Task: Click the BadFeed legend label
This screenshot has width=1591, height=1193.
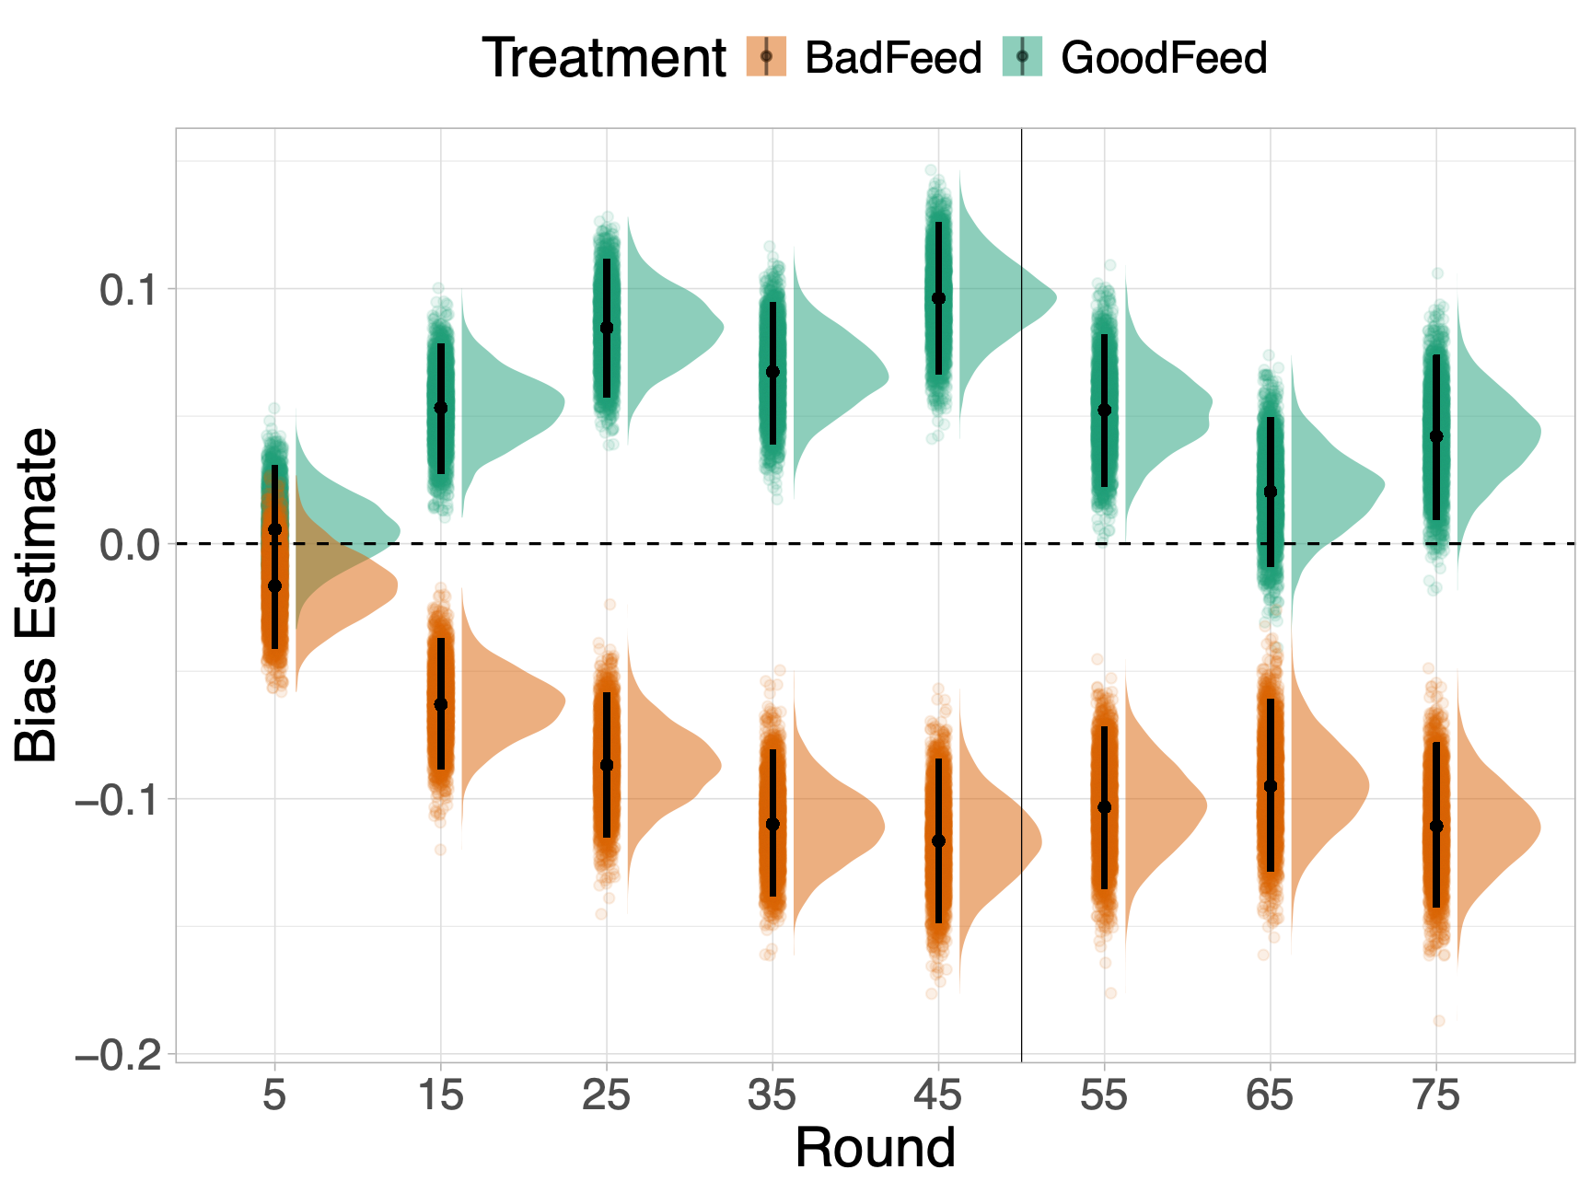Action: (x=892, y=58)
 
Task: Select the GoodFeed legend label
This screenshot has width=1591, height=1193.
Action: (x=1164, y=58)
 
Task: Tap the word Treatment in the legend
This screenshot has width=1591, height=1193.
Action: (x=604, y=58)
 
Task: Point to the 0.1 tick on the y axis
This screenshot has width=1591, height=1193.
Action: (x=127, y=290)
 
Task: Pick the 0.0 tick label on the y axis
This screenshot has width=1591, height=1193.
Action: (x=127, y=545)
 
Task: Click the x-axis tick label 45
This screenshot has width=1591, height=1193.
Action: (x=937, y=1095)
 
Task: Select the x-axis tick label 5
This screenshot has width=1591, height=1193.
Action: (x=274, y=1095)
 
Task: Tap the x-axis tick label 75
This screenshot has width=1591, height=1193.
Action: (x=1435, y=1095)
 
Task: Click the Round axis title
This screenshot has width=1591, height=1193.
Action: (x=875, y=1148)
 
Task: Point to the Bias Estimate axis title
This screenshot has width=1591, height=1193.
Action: (x=37, y=595)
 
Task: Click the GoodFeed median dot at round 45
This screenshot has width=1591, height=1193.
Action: (x=938, y=298)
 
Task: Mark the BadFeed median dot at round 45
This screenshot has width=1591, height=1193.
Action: (x=938, y=841)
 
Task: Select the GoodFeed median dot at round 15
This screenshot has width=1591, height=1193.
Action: (x=440, y=408)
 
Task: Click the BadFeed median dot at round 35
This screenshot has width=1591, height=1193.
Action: (x=772, y=824)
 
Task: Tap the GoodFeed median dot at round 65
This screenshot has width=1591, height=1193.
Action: (x=1271, y=492)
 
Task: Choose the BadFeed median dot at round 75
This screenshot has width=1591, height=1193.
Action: (x=1436, y=827)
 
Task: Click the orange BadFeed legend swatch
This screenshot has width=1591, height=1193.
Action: (x=766, y=56)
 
